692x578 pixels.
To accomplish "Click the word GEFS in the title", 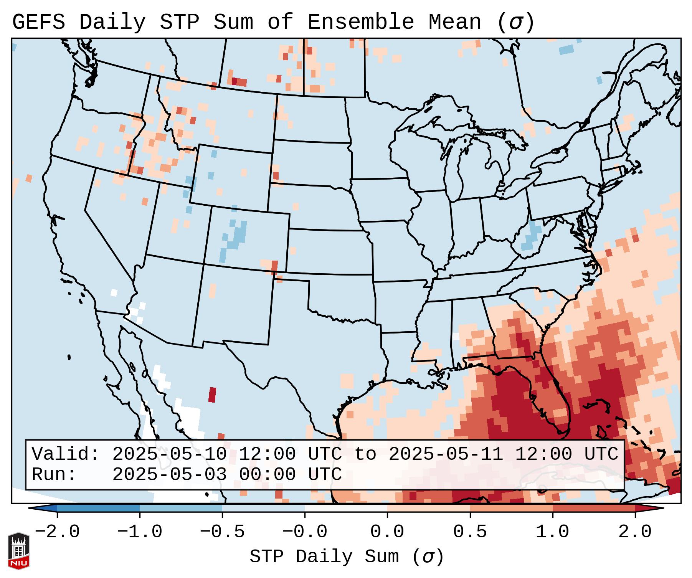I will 38,22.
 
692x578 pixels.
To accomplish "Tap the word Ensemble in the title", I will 361,22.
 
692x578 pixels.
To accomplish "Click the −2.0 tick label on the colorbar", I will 57,532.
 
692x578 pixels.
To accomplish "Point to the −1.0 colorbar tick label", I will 140,532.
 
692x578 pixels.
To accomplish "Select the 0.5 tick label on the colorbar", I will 470,532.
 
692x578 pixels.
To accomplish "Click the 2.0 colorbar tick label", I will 635,532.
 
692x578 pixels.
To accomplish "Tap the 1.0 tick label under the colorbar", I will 552,532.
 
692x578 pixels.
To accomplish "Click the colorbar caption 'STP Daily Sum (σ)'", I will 347,557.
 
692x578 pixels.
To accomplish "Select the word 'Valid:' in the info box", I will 66,454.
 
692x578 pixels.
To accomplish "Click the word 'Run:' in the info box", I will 54,474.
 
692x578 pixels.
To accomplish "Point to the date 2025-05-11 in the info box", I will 446,454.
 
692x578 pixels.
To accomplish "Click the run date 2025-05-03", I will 169,474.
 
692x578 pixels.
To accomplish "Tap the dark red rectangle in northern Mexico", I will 212,395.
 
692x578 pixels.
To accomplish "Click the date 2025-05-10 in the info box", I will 169,454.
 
